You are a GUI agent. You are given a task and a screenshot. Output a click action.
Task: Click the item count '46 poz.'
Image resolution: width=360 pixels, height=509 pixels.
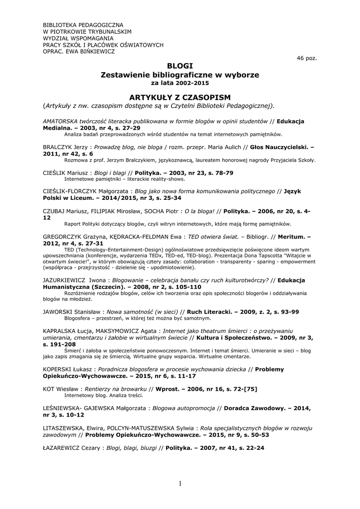[x=306, y=58]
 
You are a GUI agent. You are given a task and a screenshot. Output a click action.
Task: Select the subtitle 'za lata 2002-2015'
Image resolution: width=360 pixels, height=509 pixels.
[x=180, y=83]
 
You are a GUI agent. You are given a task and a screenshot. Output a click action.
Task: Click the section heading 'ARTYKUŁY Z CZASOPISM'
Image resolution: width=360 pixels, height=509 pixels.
[x=180, y=96]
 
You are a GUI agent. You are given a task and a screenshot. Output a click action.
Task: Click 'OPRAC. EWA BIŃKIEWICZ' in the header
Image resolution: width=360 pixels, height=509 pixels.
[x=79, y=51]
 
